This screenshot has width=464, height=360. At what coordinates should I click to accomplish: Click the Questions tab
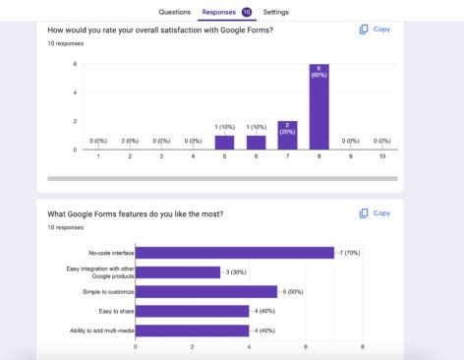175,12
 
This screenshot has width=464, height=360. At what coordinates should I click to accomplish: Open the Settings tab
276,12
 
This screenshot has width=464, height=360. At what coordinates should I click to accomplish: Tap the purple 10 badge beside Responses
247,12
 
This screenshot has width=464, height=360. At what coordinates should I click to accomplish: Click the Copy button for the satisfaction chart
375,30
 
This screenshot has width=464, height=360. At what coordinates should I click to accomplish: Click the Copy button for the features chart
375,212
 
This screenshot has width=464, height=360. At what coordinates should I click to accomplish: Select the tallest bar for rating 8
319,107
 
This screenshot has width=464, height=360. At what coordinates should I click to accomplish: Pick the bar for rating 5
224,143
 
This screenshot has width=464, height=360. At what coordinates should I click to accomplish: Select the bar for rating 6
256,143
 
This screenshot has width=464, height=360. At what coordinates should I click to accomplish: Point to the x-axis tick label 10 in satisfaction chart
381,157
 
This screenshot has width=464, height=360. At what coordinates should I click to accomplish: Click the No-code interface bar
234,253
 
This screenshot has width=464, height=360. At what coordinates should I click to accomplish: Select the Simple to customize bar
205,291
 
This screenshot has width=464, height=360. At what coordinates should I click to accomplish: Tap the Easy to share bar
192,311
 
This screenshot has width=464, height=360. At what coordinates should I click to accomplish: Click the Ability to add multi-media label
105,330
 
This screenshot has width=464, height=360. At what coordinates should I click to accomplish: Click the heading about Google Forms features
135,213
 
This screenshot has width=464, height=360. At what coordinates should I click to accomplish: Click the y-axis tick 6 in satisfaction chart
75,64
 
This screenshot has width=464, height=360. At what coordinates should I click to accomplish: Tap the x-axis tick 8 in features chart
363,347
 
